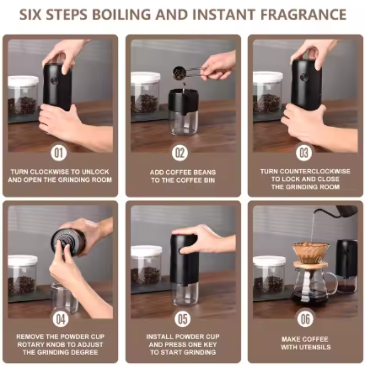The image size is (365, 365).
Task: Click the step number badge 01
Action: pos(59,153)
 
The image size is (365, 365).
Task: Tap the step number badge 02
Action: pos(180,153)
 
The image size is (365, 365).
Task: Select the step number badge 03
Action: pos(304,153)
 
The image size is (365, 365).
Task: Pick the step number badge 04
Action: pos(61,319)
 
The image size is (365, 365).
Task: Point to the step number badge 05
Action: pos(182,319)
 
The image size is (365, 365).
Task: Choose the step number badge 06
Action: pos(305,319)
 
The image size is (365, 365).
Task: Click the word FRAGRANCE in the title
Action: pos(303,15)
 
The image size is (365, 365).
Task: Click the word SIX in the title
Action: pos(30,15)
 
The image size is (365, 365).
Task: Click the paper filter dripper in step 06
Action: pos(311,252)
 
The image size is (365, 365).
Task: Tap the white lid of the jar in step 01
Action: pos(23,81)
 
